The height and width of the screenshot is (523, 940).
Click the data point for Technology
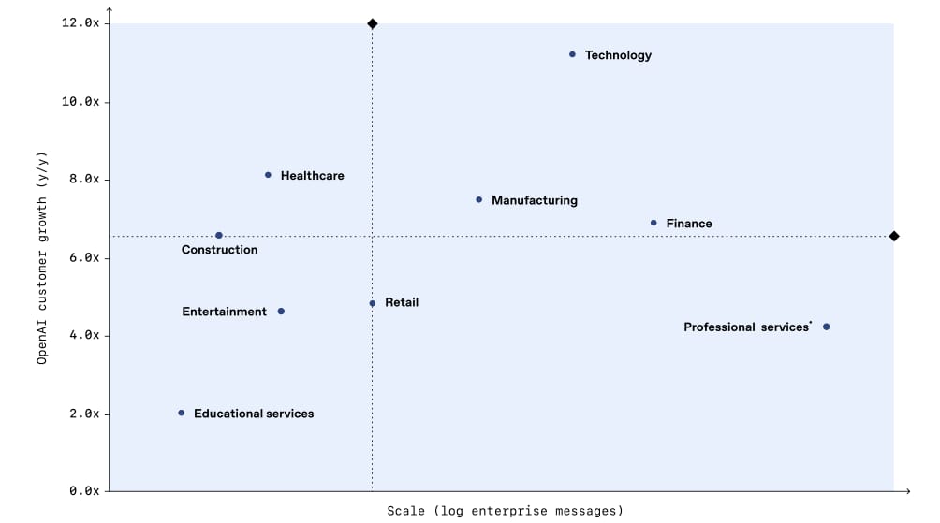click(572, 54)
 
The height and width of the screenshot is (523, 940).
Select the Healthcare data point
click(268, 175)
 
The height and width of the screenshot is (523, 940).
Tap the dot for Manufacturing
click(479, 199)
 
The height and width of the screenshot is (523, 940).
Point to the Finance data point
click(654, 223)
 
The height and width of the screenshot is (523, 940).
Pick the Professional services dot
click(826, 327)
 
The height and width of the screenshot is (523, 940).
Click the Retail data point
click(373, 303)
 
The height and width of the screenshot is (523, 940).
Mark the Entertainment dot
click(281, 312)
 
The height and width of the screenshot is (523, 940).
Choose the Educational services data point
click(182, 413)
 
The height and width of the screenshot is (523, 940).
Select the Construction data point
click(219, 236)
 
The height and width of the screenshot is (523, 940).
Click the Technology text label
click(618, 55)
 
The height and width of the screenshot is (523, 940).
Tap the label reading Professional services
click(746, 327)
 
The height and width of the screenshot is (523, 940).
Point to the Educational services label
click(254, 414)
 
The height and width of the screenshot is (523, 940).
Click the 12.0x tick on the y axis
click(80, 22)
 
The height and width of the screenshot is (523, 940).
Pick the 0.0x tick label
click(83, 490)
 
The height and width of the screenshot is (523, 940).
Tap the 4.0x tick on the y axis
click(83, 336)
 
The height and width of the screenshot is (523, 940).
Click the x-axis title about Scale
click(505, 511)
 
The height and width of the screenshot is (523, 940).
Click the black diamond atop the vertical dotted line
click(373, 23)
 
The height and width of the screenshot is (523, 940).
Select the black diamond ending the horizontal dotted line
click(894, 236)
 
